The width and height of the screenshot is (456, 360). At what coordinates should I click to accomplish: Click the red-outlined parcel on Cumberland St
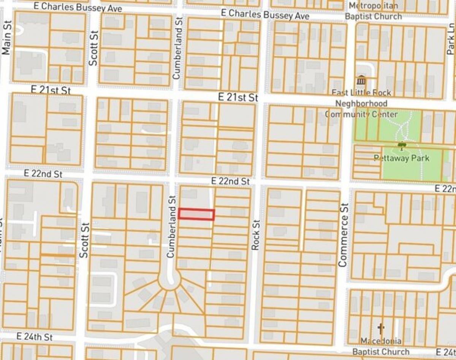click(196, 215)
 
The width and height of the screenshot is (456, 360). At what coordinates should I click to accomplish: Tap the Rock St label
click(255, 235)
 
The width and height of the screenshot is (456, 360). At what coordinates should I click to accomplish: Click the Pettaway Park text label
click(401, 158)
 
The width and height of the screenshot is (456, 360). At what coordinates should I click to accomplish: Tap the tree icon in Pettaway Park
click(401, 145)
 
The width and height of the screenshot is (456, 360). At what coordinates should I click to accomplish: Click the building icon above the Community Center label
click(361, 81)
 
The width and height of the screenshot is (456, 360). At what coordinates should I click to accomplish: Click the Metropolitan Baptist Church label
click(373, 11)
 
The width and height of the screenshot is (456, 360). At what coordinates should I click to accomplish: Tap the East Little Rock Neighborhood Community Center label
click(361, 103)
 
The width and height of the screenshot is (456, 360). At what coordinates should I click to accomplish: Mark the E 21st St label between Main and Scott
click(51, 90)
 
